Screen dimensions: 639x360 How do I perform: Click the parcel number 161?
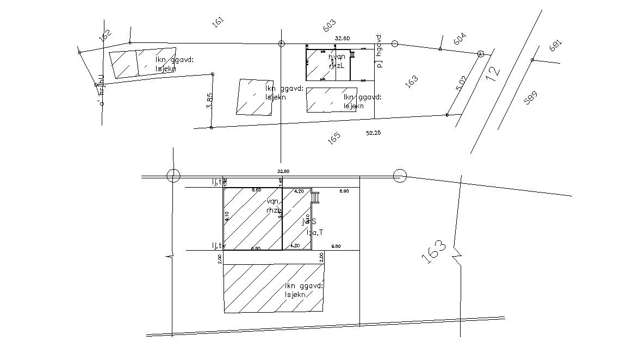pos(218,23)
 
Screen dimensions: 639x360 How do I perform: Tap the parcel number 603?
pos(329,26)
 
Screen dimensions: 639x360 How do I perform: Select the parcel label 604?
pos(460,39)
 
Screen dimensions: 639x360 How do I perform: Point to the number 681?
pos(555,45)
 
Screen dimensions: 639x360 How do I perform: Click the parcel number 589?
pos(530,98)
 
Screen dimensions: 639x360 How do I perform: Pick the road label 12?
pos(492,74)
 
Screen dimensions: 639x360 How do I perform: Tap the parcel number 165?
pos(334,138)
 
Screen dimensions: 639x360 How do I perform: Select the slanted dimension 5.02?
pos(461,83)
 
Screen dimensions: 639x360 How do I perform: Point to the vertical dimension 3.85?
pos(210,102)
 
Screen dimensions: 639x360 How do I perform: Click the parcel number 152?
pos(105,35)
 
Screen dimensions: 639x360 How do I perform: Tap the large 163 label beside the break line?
pos(435,252)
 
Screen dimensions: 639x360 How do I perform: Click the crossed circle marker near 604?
pos(480,54)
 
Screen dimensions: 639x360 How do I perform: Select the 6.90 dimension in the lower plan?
pos(344,191)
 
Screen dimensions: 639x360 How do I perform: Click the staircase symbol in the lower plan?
pos(315,197)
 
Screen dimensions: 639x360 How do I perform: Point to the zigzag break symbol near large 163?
pos(456,255)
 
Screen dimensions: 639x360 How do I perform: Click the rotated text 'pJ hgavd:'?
pos(380,52)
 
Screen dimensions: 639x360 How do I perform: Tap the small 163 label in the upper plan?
pos(412,82)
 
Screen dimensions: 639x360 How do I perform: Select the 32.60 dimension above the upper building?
pos(342,38)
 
